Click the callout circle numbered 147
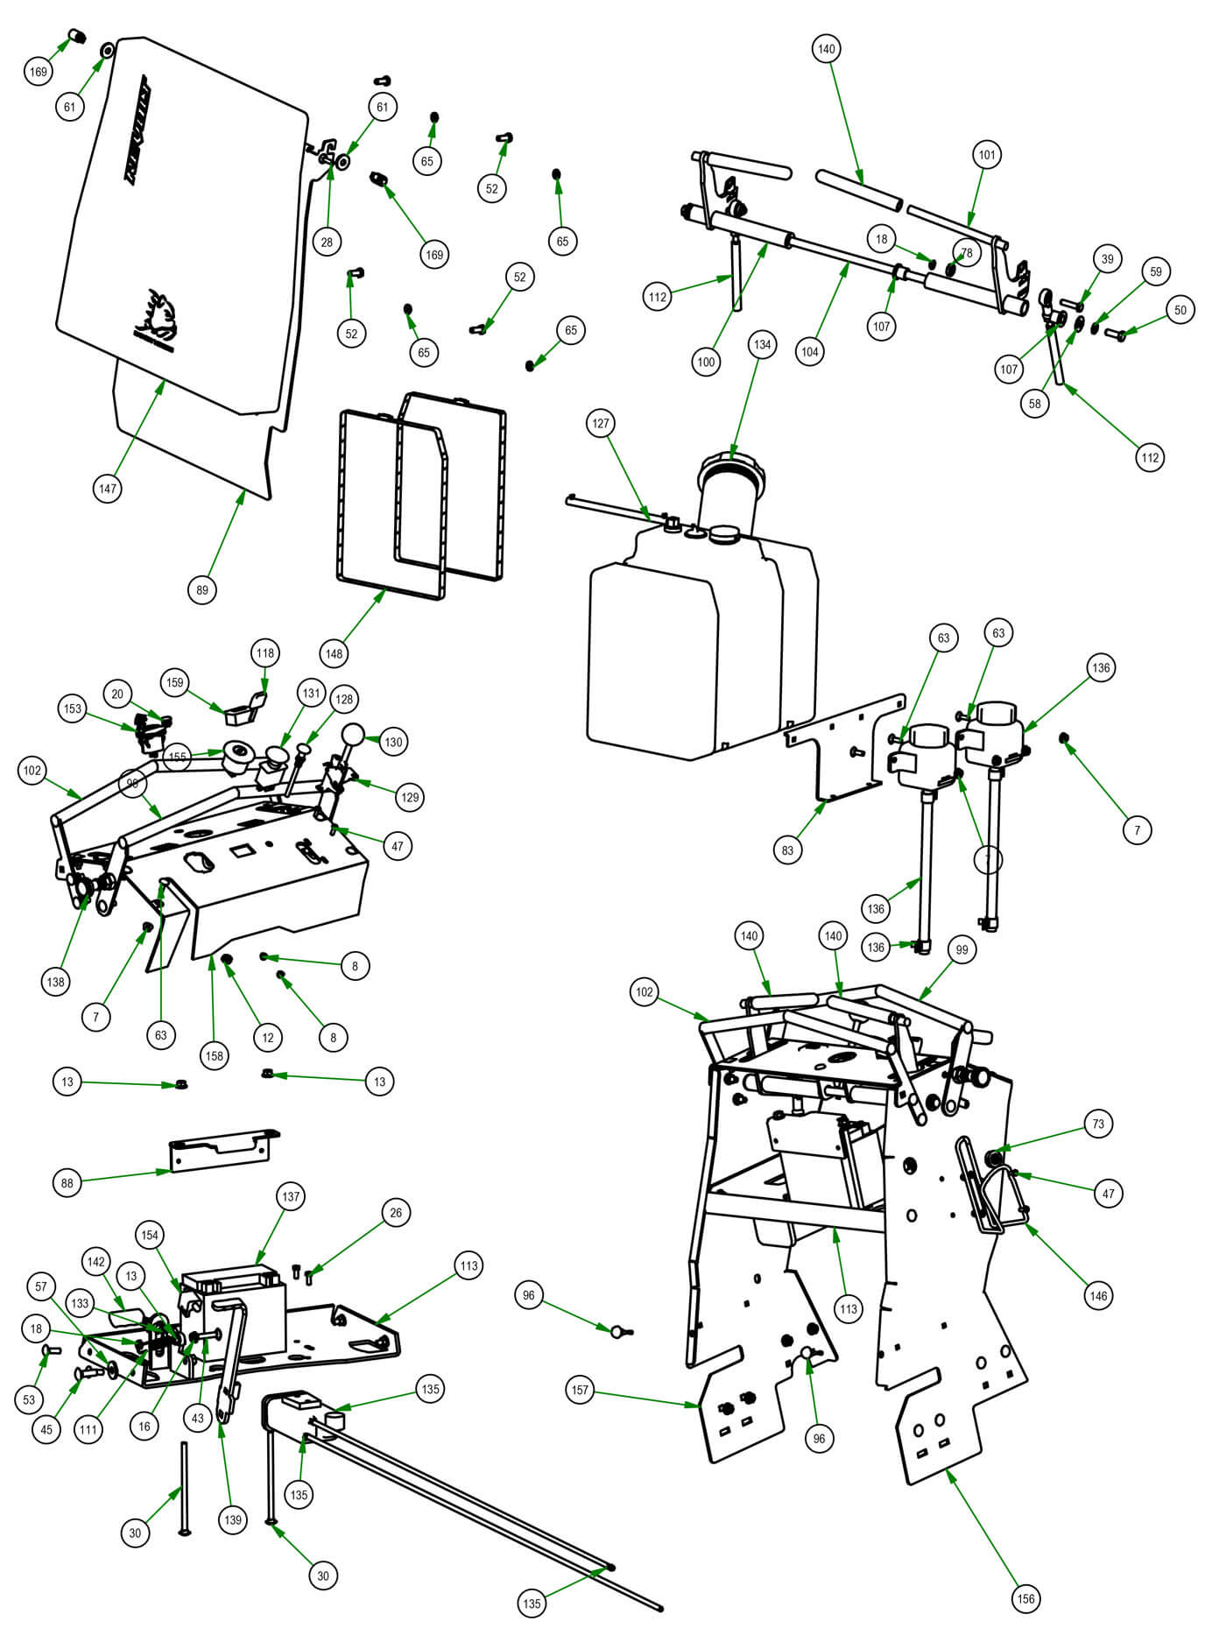pos(107,489)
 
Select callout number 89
pos(202,589)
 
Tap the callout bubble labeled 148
pos(335,652)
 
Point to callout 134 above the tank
pos(762,344)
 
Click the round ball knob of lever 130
pos(352,734)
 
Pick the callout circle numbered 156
pos(1025,1598)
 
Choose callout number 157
pos(581,1389)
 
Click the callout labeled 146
pos(1097,1295)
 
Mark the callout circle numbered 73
pos(1098,1124)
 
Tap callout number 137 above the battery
pos(291,1196)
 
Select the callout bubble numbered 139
pos(232,1519)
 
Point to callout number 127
pos(600,423)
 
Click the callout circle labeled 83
pos(787,849)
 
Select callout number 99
pos(962,949)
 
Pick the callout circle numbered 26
pos(396,1212)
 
